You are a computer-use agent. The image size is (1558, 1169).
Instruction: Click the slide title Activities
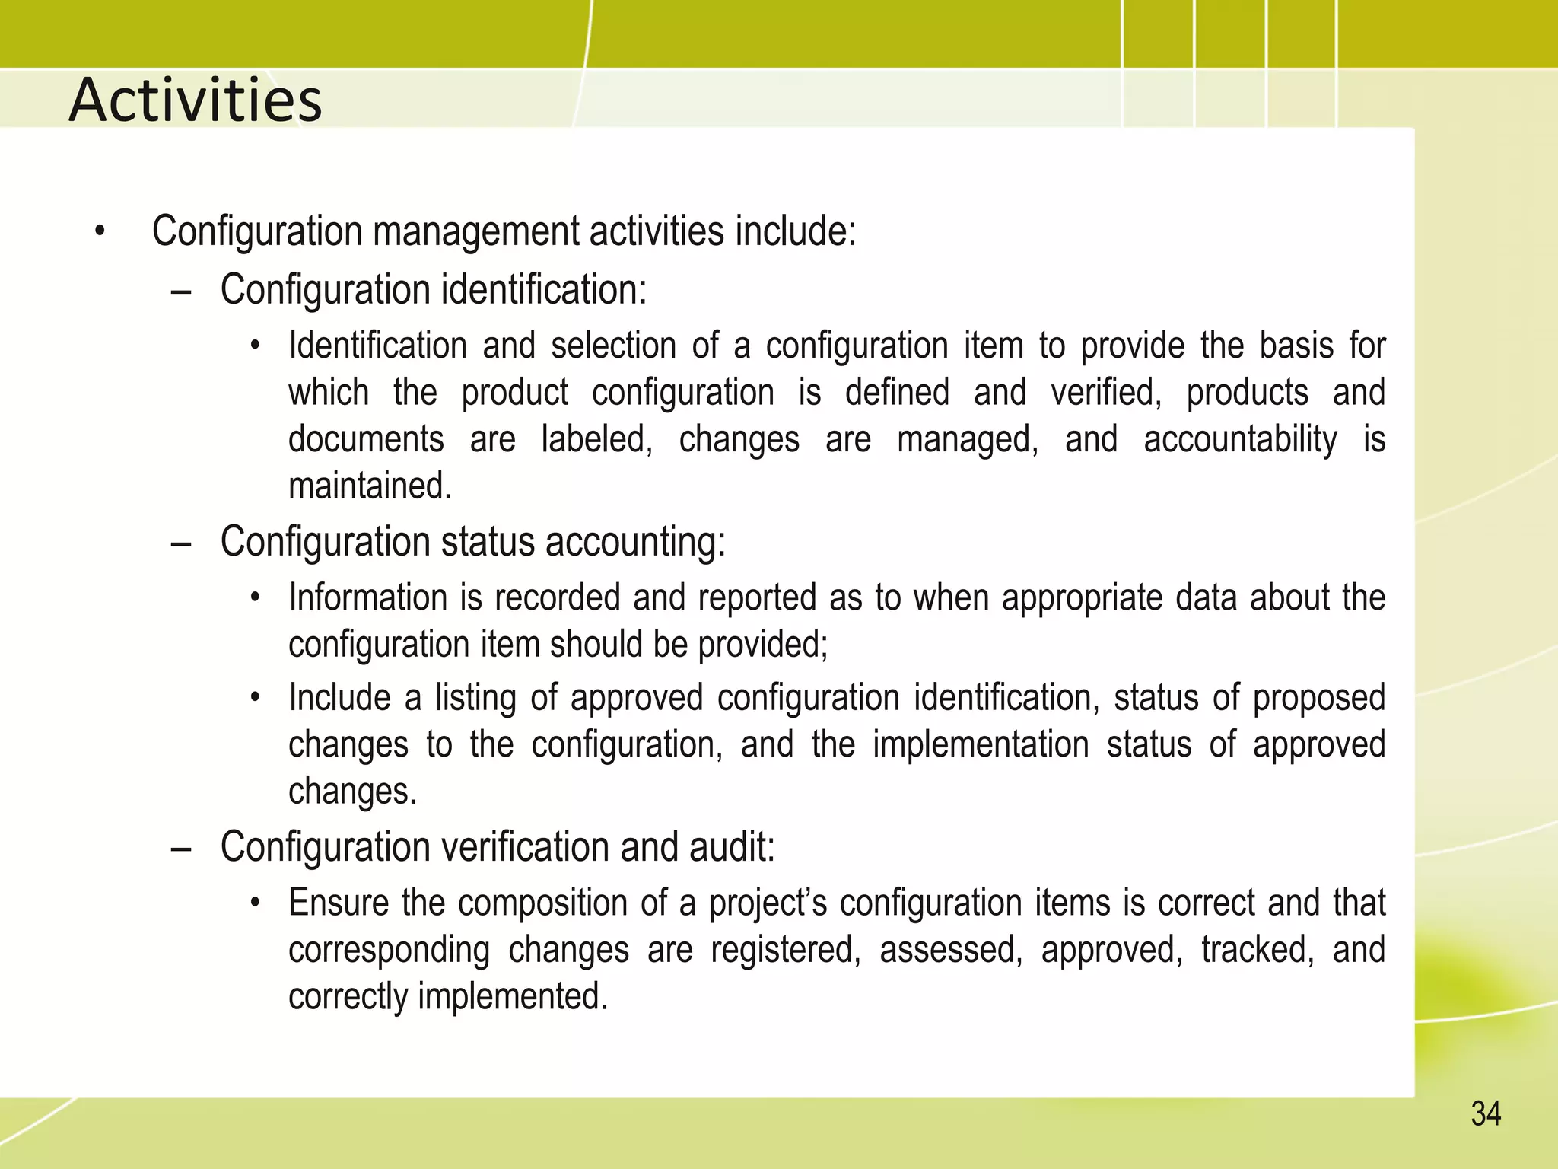pyautogui.click(x=196, y=100)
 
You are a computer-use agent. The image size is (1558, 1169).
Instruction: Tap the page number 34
pyautogui.click(x=1485, y=1114)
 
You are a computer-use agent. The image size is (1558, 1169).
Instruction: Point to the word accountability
pyautogui.click(x=1240, y=440)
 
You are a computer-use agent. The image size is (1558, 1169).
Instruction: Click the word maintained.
pyautogui.click(x=370, y=486)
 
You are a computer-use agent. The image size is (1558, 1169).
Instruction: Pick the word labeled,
pyautogui.click(x=596, y=440)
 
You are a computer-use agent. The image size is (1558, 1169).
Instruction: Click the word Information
pyautogui.click(x=367, y=597)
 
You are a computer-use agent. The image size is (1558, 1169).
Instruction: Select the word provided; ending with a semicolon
pyautogui.click(x=763, y=645)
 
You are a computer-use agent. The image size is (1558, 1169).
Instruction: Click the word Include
pyautogui.click(x=339, y=698)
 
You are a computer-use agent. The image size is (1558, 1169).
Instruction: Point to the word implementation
pyautogui.click(x=981, y=744)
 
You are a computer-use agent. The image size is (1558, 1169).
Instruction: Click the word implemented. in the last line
pyautogui.click(x=513, y=996)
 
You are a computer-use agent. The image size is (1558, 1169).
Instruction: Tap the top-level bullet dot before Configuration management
pyautogui.click(x=100, y=231)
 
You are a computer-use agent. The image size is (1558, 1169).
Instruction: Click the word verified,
pyautogui.click(x=1106, y=393)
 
